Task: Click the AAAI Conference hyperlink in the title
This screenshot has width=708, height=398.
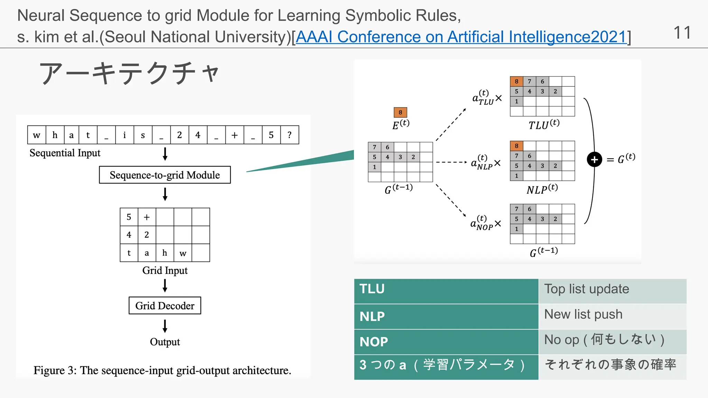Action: pyautogui.click(x=461, y=37)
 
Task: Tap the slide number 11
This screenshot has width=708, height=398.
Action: pyautogui.click(x=682, y=33)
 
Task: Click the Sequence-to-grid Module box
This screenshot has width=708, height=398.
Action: pyautogui.click(x=165, y=175)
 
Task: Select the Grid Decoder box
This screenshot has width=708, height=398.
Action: pyautogui.click(x=165, y=306)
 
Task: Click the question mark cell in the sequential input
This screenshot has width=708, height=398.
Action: pyautogui.click(x=289, y=135)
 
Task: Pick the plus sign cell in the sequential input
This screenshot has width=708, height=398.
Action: pyautogui.click(x=234, y=135)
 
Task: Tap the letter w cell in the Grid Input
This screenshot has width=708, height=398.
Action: pyautogui.click(x=183, y=253)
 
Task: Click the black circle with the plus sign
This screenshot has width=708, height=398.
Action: pyautogui.click(x=594, y=160)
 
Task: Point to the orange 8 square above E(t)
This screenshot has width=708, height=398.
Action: pyautogui.click(x=400, y=112)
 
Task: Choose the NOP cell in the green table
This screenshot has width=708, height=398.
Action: pyautogui.click(x=446, y=342)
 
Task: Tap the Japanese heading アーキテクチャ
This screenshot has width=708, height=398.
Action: pyautogui.click(x=130, y=73)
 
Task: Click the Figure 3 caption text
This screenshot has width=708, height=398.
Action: pyautogui.click(x=162, y=370)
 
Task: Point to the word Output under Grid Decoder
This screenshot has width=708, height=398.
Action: pyautogui.click(x=165, y=342)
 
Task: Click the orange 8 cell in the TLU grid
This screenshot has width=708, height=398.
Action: pyautogui.click(x=516, y=82)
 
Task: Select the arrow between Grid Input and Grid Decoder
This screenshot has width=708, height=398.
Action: pyautogui.click(x=165, y=286)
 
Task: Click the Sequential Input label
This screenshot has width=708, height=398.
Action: pyautogui.click(x=65, y=153)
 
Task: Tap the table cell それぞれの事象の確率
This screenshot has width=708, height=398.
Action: pyautogui.click(x=612, y=366)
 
